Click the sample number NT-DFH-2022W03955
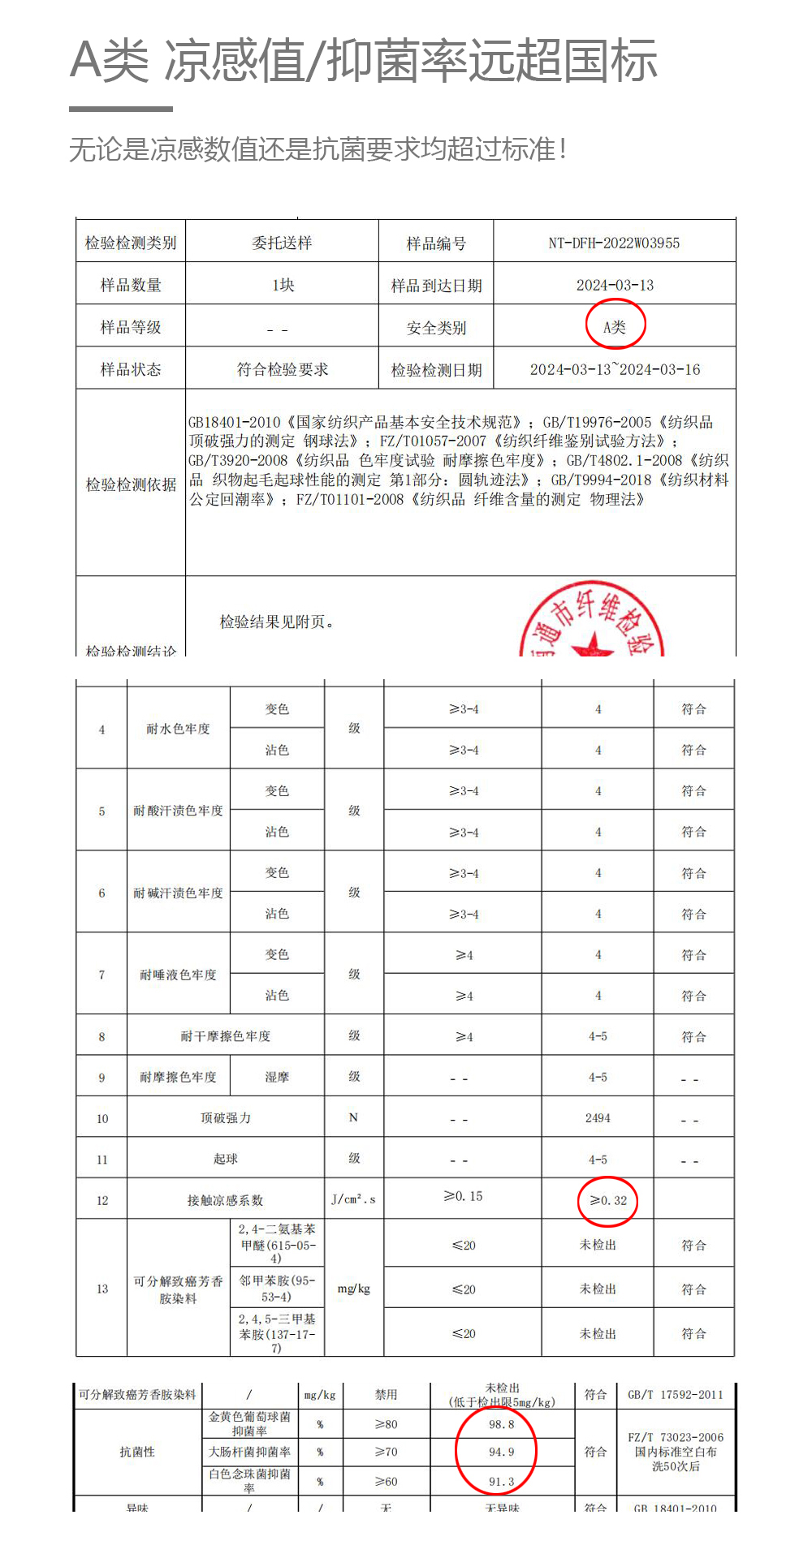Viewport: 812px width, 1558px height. [x=614, y=243]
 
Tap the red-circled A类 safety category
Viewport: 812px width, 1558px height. [x=615, y=327]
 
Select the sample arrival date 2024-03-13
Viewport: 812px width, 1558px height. [x=615, y=285]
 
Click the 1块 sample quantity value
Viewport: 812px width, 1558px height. [x=283, y=285]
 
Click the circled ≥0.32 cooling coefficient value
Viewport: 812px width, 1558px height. [x=608, y=1200]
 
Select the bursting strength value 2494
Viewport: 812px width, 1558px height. [x=598, y=1118]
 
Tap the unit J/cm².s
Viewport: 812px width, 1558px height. [x=353, y=1199]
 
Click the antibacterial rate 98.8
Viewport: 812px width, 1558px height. [x=501, y=1424]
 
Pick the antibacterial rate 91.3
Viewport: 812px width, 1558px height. [x=501, y=1482]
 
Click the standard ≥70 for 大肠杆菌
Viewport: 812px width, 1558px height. [x=386, y=1452]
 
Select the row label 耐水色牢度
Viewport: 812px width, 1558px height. [x=178, y=729]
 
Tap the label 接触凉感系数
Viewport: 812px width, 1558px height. [x=225, y=1200]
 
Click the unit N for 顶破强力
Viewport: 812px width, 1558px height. [x=353, y=1118]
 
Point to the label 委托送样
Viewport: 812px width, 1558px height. [x=282, y=243]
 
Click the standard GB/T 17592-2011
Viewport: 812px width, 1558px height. [x=675, y=1395]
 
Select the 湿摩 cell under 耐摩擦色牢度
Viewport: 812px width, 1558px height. [x=277, y=1077]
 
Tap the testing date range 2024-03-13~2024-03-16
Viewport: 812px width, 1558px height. [x=615, y=369]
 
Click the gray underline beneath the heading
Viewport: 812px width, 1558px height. [x=121, y=109]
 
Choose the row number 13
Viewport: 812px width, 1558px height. [x=102, y=1289]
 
